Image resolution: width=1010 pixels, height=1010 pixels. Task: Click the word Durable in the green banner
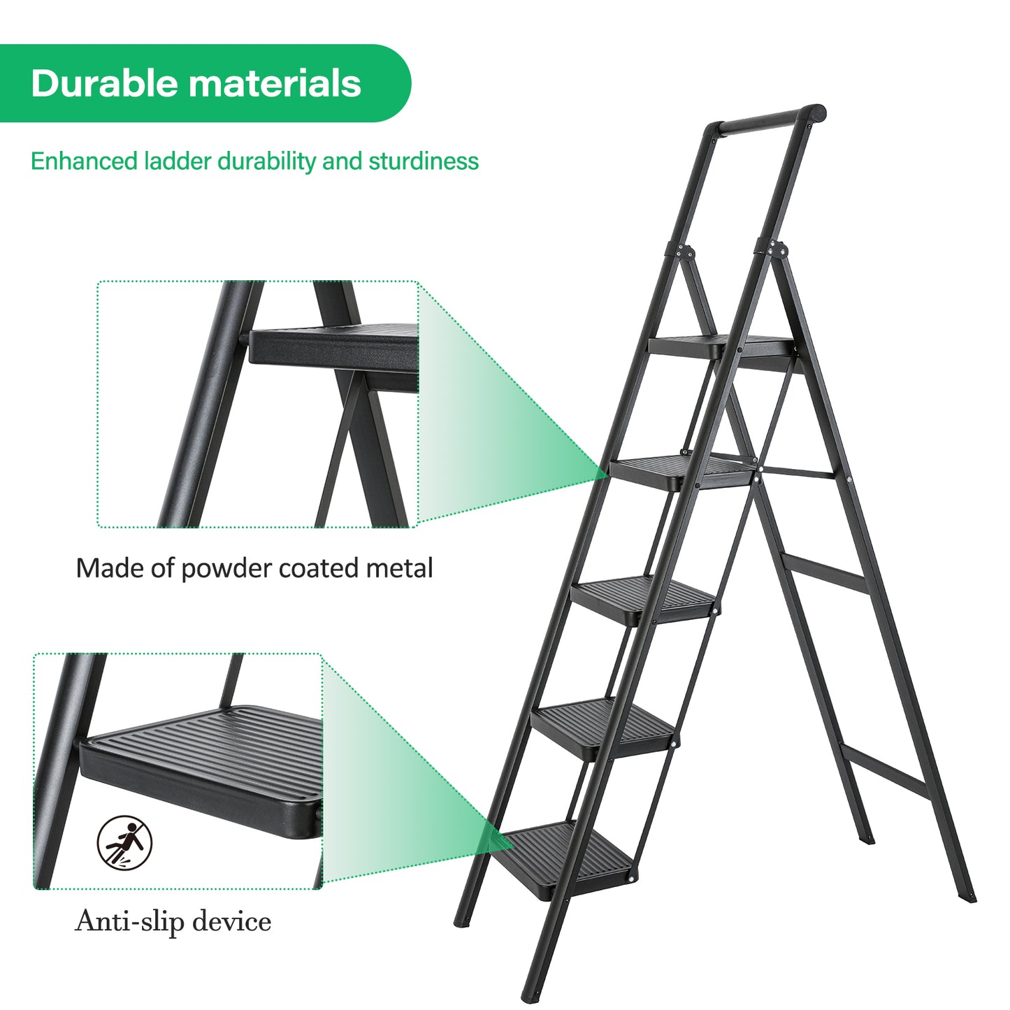pos(103,83)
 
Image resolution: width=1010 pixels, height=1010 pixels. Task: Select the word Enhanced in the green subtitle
pos(84,161)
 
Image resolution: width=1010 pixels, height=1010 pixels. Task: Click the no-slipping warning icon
pos(124,843)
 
